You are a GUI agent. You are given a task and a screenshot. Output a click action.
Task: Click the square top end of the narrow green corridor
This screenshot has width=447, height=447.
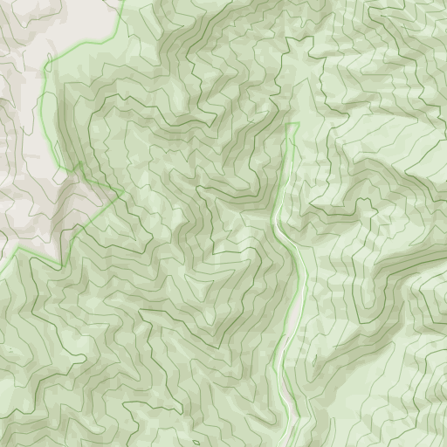coord(292,125)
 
